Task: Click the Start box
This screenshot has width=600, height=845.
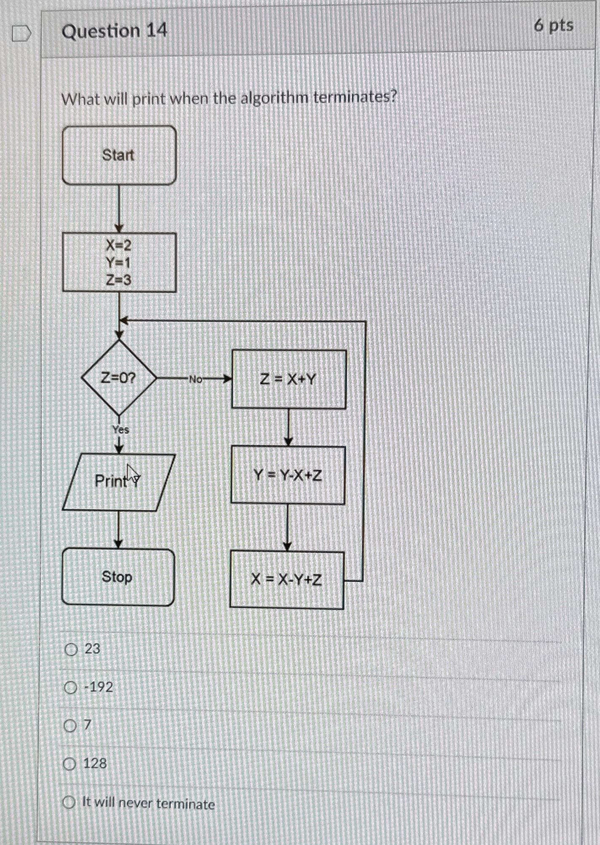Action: pyautogui.click(x=119, y=155)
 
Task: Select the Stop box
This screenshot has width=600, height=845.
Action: pyautogui.click(x=118, y=577)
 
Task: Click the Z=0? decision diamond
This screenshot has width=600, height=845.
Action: pyautogui.click(x=118, y=378)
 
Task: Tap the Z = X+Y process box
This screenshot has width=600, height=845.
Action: pyautogui.click(x=289, y=379)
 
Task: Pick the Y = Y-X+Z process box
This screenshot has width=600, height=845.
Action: pyautogui.click(x=288, y=475)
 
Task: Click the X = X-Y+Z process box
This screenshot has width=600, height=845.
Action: pyautogui.click(x=287, y=580)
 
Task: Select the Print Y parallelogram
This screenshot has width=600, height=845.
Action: pyautogui.click(x=118, y=481)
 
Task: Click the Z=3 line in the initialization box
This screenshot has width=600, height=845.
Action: pyautogui.click(x=118, y=280)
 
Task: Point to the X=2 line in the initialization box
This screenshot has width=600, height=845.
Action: pyautogui.click(x=118, y=245)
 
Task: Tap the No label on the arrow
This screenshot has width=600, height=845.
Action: pyautogui.click(x=195, y=379)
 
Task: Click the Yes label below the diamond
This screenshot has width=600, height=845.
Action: pyautogui.click(x=121, y=430)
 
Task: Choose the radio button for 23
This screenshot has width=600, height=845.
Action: pyautogui.click(x=71, y=649)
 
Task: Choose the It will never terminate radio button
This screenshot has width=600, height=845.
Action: pyautogui.click(x=69, y=802)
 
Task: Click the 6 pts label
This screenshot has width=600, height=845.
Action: pyautogui.click(x=554, y=26)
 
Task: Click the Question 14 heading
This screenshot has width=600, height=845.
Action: pyautogui.click(x=114, y=31)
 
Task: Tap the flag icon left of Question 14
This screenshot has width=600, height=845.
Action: pyautogui.click(x=21, y=34)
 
